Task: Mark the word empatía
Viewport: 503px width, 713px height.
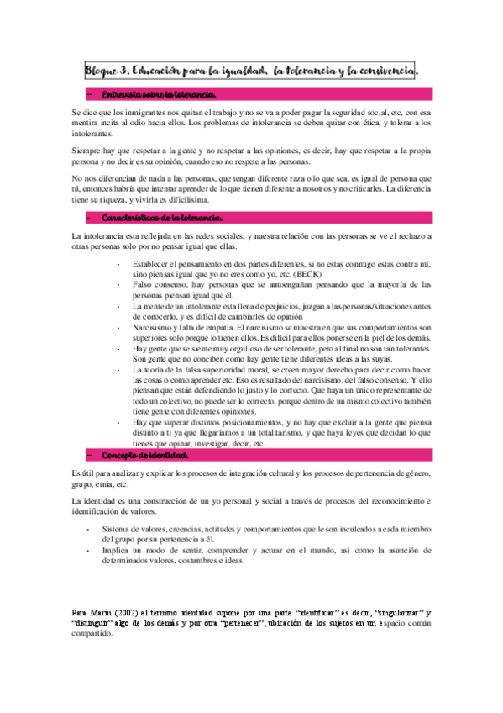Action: (x=216, y=327)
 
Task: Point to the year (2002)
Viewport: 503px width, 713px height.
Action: (x=126, y=612)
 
